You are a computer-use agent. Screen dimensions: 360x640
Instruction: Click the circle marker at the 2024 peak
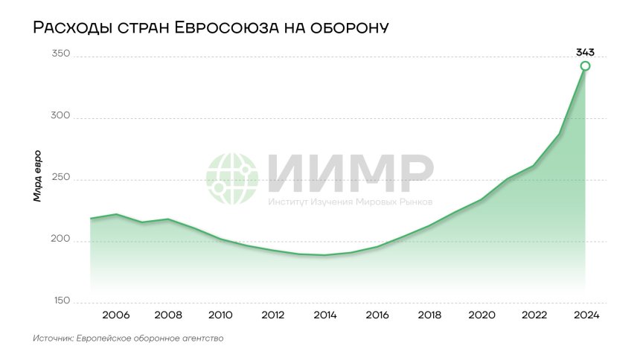586,66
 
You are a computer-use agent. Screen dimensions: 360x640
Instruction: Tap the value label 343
586,52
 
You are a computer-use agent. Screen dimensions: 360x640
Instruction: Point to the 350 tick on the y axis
60,54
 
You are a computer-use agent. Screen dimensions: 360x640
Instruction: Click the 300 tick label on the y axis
60,117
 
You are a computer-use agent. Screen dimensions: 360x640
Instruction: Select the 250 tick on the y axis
60,179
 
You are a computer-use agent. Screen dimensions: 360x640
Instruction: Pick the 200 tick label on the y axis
60,240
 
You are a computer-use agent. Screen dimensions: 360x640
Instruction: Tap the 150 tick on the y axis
60,301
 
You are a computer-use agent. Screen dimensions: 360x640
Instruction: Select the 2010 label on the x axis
220,315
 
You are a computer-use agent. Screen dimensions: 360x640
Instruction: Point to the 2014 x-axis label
325,315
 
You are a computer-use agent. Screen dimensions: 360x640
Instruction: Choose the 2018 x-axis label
430,315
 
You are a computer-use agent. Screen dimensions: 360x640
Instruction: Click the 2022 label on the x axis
534,315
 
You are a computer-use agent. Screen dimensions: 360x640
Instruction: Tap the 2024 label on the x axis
586,315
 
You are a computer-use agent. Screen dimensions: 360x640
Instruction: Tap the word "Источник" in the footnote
52,338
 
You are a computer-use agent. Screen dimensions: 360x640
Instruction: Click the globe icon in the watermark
233,179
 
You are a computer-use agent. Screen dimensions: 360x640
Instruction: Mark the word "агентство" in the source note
200,338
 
